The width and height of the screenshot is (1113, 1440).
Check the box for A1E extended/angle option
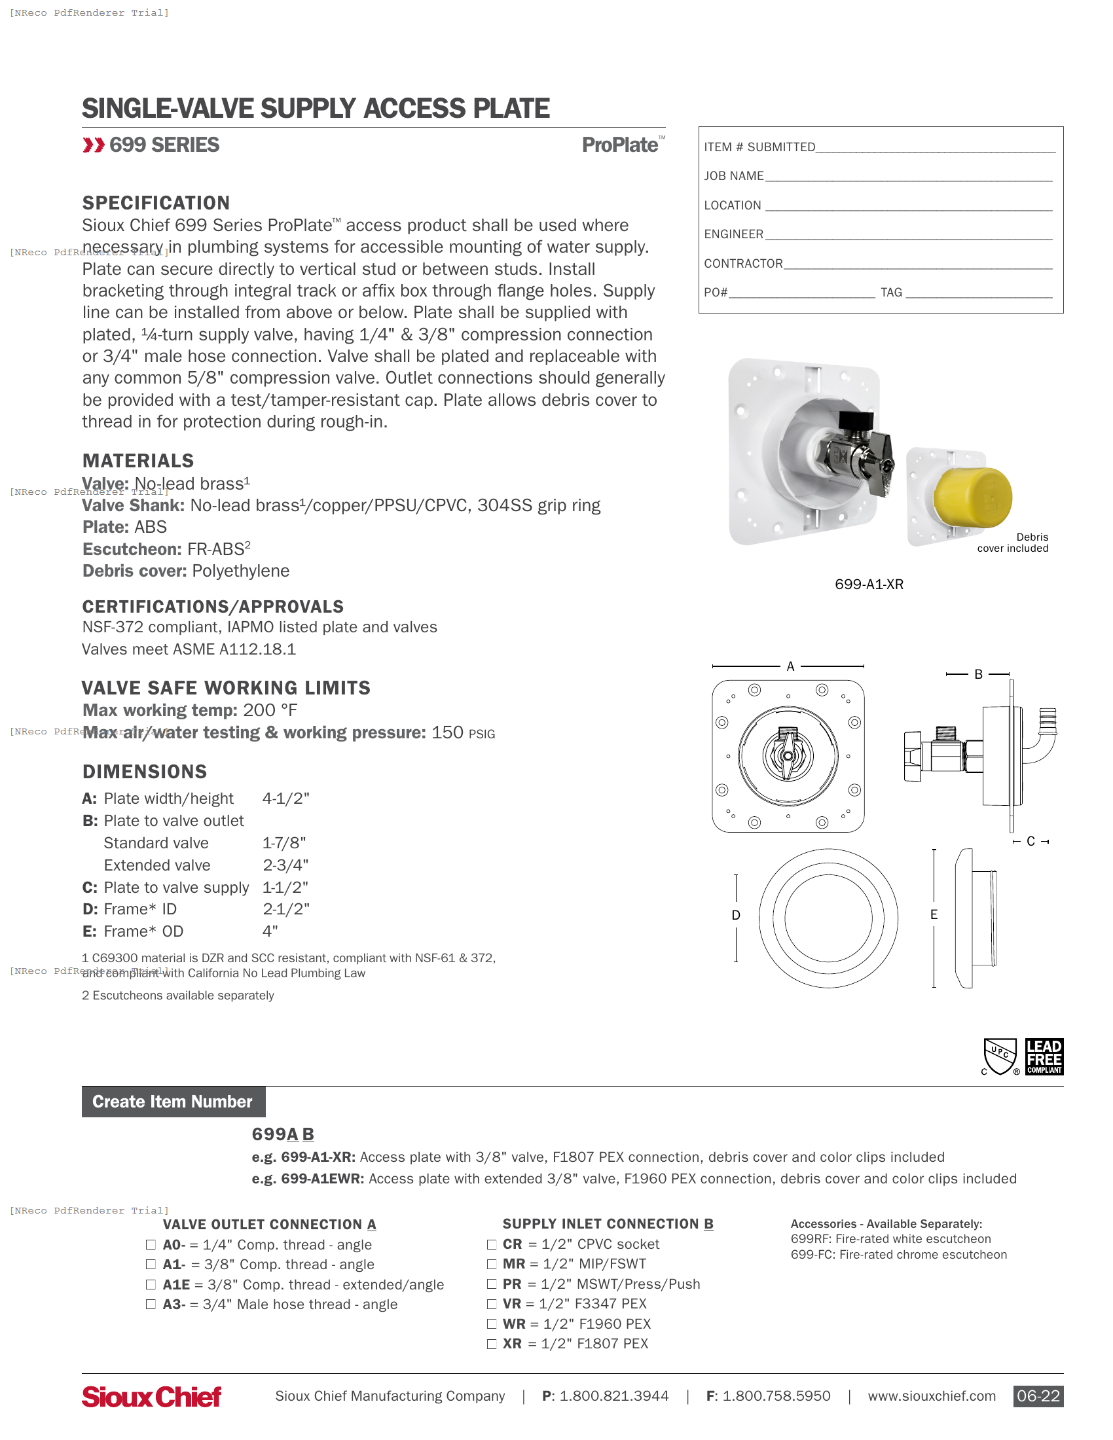[151, 1284]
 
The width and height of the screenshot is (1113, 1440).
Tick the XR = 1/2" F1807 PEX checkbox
[491, 1344]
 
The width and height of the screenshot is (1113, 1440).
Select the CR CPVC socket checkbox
[491, 1244]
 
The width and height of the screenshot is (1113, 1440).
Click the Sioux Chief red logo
[152, 1396]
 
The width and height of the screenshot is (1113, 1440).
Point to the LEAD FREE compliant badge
[1044, 1056]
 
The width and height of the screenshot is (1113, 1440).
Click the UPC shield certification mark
[1000, 1056]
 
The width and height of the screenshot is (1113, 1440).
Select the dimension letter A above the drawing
[790, 666]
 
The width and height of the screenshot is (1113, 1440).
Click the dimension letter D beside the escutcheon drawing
[736, 915]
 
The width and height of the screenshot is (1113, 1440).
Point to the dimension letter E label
[934, 914]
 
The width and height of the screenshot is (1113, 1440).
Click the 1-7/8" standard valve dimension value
[284, 843]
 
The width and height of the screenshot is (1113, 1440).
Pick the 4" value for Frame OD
[270, 931]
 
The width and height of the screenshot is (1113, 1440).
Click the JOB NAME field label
[734, 176]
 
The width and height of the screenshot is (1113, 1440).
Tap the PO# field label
[716, 293]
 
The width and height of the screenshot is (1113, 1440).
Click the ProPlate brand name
[620, 145]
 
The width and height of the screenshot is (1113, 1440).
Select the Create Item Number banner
[173, 1102]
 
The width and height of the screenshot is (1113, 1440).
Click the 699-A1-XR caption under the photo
[869, 585]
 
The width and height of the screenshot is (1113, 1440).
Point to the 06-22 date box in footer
[1038, 1396]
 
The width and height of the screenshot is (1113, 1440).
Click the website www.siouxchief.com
[931, 1396]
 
